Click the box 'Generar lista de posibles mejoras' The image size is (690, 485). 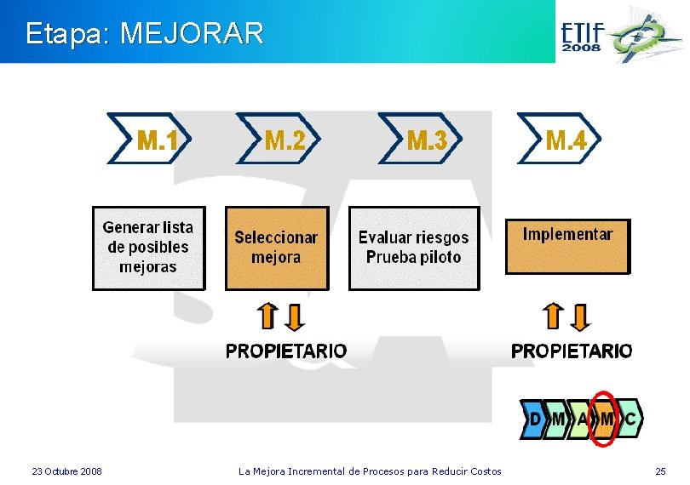[x=148, y=248]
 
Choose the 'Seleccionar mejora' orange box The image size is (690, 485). [x=276, y=248]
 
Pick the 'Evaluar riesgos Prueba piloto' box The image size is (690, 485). [x=414, y=248]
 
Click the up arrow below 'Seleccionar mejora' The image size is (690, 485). [x=267, y=317]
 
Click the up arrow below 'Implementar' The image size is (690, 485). [x=554, y=317]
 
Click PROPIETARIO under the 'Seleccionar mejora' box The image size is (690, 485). [x=286, y=351]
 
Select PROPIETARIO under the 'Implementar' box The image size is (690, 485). [x=572, y=351]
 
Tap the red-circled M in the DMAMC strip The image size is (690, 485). [x=606, y=419]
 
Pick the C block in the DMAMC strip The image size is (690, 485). [x=630, y=419]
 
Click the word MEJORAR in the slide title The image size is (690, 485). [x=193, y=34]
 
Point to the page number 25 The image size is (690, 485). [x=660, y=471]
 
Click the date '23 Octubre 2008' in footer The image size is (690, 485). [x=66, y=471]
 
